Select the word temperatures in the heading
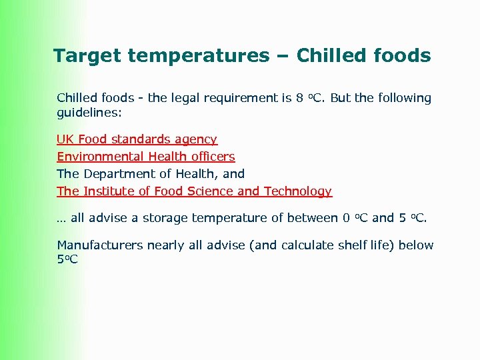click(197, 56)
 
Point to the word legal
click(189, 98)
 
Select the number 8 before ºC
click(299, 98)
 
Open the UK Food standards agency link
click(137, 139)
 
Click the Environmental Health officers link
click(145, 157)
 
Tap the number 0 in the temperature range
click(345, 218)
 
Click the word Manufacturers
click(99, 245)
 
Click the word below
click(415, 245)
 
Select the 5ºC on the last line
click(67, 259)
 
